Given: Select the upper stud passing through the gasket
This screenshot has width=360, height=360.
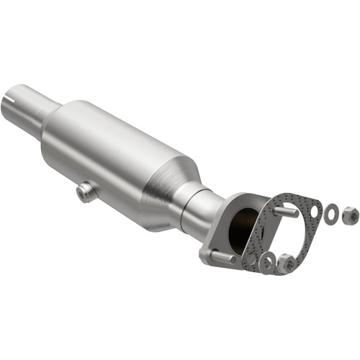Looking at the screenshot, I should point(286,213).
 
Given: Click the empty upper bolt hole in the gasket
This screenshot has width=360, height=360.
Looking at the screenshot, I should point(314,211).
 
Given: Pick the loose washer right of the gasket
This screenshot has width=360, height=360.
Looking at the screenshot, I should point(331,213).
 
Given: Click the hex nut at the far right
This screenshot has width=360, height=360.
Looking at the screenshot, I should point(349,214).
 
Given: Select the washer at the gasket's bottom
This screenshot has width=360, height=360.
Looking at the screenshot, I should point(267,264).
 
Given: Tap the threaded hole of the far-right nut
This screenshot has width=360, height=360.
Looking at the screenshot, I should point(349,214).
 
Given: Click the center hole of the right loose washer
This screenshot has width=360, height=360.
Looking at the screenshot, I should point(331,213).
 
